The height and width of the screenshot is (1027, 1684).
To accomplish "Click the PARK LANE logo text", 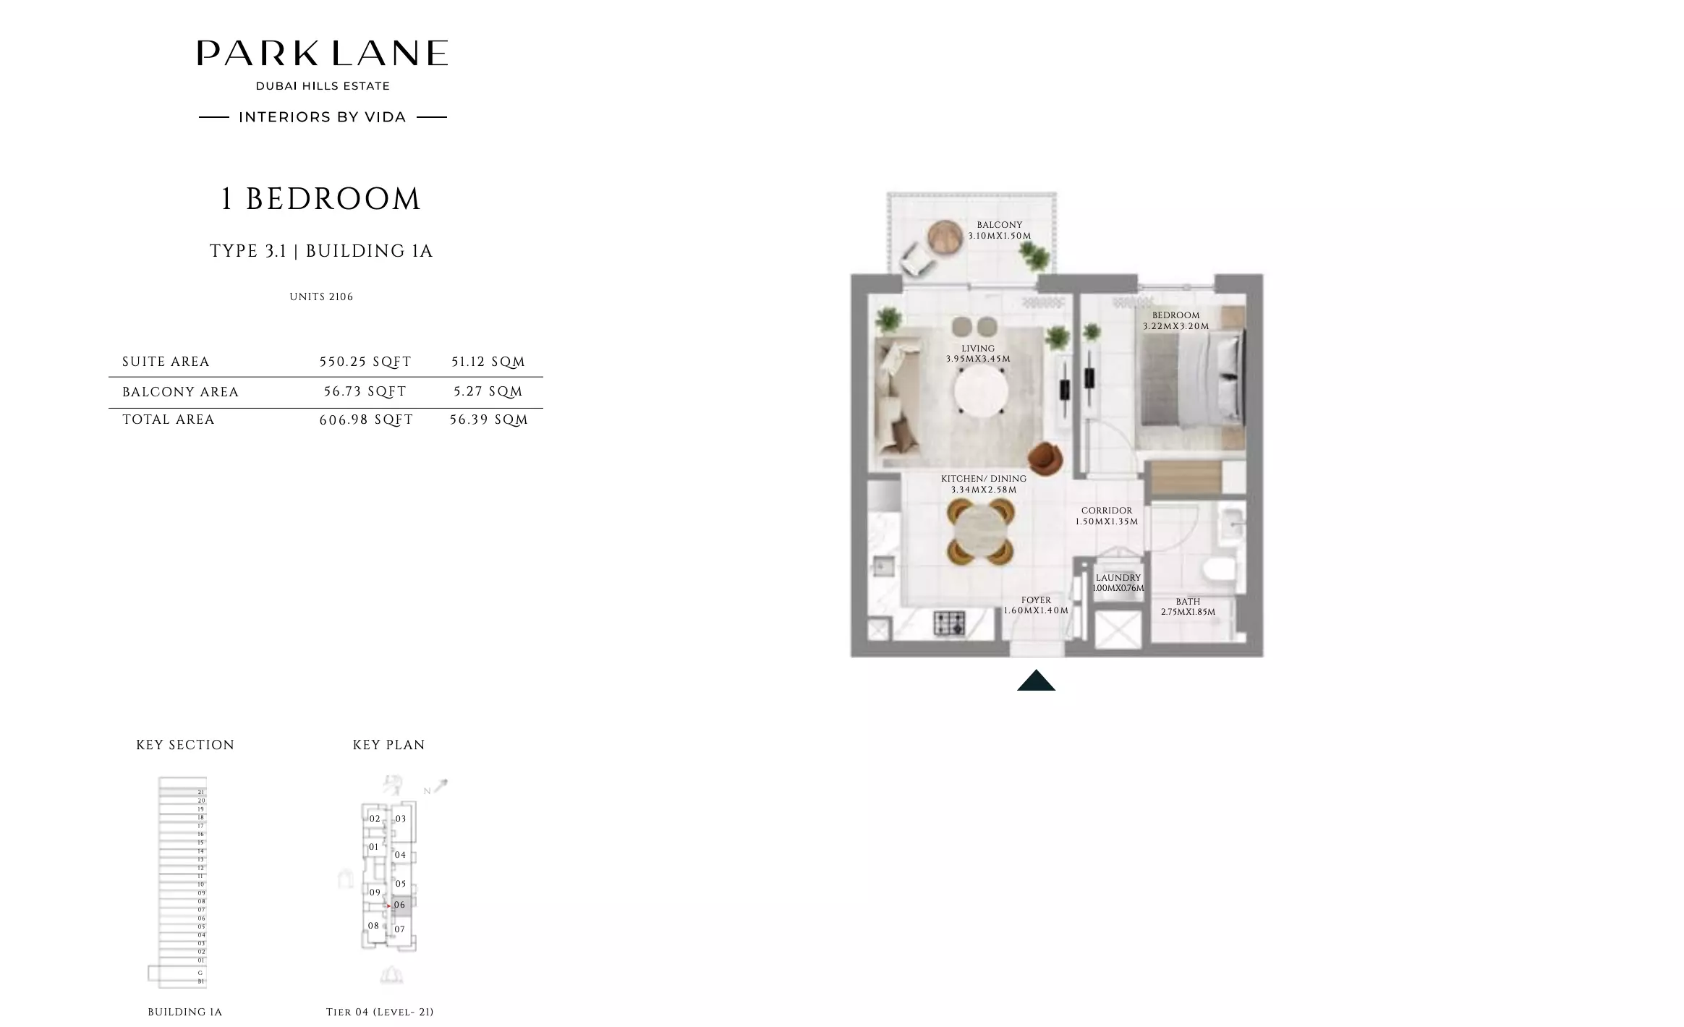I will (x=322, y=54).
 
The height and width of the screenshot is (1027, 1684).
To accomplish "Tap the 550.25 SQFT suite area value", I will (x=365, y=362).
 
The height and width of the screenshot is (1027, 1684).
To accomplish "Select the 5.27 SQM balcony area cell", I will (x=488, y=391).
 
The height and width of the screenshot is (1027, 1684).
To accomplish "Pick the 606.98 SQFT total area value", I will (x=366, y=419).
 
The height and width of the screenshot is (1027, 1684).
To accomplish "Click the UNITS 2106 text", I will (x=321, y=297).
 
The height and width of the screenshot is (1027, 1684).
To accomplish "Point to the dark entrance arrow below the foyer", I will (x=1036, y=681).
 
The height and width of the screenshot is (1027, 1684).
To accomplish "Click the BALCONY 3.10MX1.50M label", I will (x=999, y=230).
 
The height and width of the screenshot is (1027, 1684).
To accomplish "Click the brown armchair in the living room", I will (x=1045, y=458).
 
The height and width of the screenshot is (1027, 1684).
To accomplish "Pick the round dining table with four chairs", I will (x=980, y=532).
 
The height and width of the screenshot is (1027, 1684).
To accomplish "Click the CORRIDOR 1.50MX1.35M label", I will (x=1106, y=516).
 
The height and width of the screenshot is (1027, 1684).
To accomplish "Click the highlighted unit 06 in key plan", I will (x=401, y=905).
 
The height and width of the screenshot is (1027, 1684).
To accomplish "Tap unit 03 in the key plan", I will (x=401, y=819).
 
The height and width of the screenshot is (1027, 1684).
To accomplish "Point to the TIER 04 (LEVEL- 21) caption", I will (x=380, y=1012).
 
